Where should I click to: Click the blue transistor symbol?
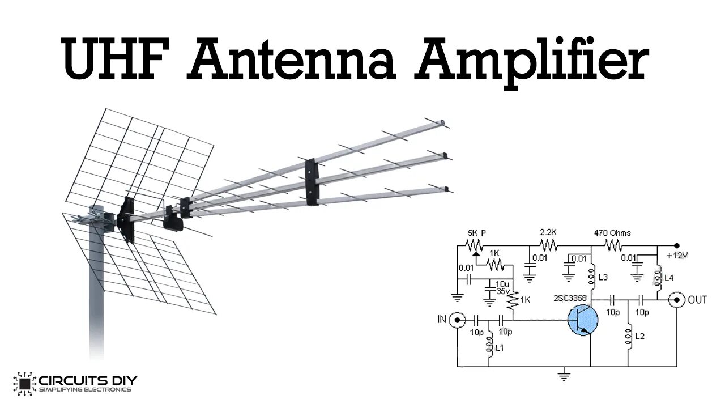[x=583, y=320]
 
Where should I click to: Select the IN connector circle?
[x=457, y=320]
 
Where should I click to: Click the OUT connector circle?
[x=676, y=299]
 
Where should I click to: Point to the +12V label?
[x=677, y=255]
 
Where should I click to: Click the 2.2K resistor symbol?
[x=548, y=245]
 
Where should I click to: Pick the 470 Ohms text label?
[x=612, y=233]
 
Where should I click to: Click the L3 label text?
[x=603, y=277]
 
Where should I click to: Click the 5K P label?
[x=477, y=233]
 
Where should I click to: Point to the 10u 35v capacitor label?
[x=502, y=287]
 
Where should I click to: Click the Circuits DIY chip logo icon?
[x=24, y=384]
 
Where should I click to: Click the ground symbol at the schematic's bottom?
[x=563, y=374]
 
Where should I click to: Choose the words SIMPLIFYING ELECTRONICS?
[x=85, y=390]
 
